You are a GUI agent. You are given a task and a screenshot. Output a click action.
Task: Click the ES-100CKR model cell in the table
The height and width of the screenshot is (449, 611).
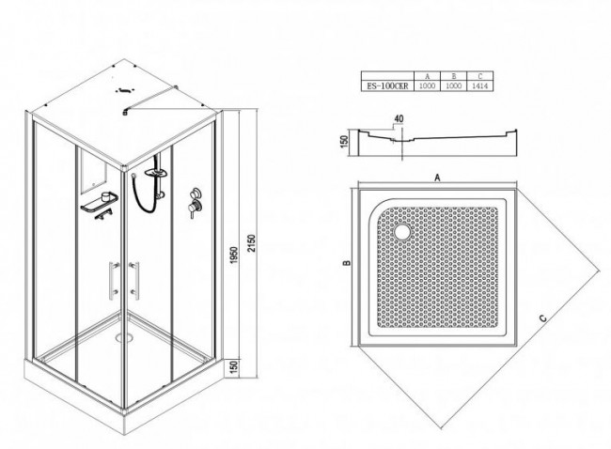pyautogui.click(x=387, y=86)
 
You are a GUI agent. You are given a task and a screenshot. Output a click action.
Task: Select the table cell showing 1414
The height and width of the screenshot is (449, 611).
pyautogui.click(x=479, y=86)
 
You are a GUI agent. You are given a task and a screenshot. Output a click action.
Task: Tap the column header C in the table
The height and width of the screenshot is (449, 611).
pyautogui.click(x=479, y=76)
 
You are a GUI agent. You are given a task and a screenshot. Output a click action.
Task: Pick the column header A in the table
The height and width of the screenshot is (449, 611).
pyautogui.click(x=427, y=76)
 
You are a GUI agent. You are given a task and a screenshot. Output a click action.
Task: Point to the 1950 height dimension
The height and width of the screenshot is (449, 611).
pyautogui.click(x=233, y=255)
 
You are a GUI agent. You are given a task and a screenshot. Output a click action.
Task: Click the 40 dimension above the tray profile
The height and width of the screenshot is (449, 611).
pyautogui.click(x=399, y=118)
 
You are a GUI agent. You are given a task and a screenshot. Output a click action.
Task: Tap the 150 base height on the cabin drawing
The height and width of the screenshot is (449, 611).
pyautogui.click(x=233, y=367)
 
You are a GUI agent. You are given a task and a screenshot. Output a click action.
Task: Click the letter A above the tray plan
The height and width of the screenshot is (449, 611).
pyautogui.click(x=437, y=178)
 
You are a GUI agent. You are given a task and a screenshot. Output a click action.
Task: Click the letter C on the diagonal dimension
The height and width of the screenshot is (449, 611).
pyautogui.click(x=542, y=318)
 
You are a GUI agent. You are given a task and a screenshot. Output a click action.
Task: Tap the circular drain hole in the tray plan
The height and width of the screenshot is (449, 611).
pyautogui.click(x=401, y=231)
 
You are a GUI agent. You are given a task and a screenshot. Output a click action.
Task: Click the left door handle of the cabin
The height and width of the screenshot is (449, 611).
pyautogui.click(x=114, y=280)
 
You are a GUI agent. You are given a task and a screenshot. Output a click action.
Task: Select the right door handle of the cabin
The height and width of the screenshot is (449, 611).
pyautogui.click(x=134, y=280)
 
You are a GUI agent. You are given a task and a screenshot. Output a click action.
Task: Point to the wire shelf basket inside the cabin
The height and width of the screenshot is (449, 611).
pyautogui.click(x=99, y=202)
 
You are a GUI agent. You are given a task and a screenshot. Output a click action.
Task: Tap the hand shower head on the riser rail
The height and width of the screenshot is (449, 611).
pyautogui.click(x=156, y=171)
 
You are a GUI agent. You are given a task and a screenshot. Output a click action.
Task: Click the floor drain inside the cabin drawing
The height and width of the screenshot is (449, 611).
pyautogui.click(x=124, y=337)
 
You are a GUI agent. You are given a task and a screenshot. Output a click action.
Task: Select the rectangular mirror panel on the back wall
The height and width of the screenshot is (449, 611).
pyautogui.click(x=93, y=172)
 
